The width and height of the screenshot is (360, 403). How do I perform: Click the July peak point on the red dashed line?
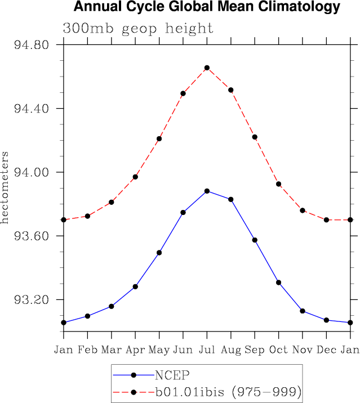[x=207, y=68]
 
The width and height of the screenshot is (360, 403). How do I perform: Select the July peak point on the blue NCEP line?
[x=207, y=191]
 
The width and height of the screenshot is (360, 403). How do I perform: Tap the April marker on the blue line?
[x=135, y=286]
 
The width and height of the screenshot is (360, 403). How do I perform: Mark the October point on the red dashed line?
[x=279, y=184]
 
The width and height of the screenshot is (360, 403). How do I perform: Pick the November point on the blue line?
[x=303, y=311]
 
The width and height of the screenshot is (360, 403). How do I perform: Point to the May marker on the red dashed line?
[x=159, y=138]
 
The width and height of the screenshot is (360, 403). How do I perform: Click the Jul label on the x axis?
[x=207, y=350]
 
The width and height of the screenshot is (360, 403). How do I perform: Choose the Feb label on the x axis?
[x=87, y=350]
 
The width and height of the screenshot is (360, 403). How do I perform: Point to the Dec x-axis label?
[x=326, y=350]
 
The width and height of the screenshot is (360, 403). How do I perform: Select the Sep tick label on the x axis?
[x=255, y=350]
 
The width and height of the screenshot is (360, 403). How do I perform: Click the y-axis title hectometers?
[x=5, y=187]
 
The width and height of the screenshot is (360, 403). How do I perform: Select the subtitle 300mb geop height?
[x=138, y=28]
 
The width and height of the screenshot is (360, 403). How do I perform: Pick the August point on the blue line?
[x=231, y=199]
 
